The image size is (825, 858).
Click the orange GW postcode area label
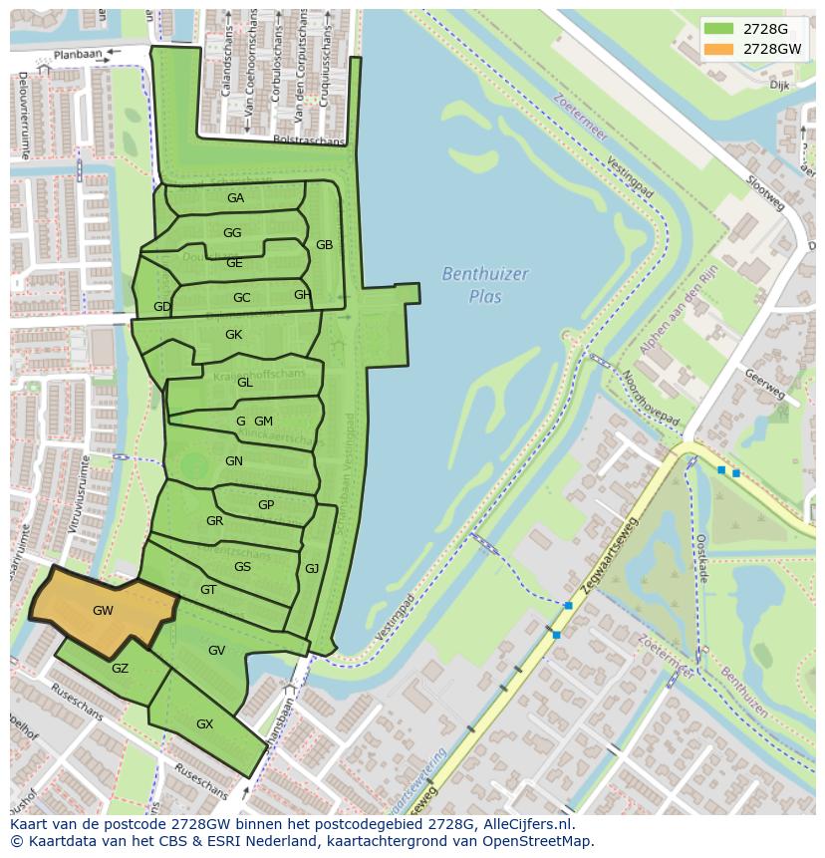coord(103,611)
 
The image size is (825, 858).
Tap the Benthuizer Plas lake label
coord(485,284)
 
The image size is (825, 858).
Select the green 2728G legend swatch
coord(717,29)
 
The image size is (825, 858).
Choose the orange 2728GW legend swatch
coord(717,48)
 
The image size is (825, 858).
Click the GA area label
coord(235,198)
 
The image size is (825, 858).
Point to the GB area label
coord(324,245)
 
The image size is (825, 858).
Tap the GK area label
coord(233,335)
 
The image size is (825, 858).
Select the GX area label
coord(204,724)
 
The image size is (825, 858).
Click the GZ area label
coord(120,669)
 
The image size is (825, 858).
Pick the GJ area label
coord(312,569)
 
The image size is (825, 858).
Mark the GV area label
coord(216,651)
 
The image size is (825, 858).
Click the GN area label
coord(234,461)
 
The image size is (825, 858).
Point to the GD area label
coord(162,307)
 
